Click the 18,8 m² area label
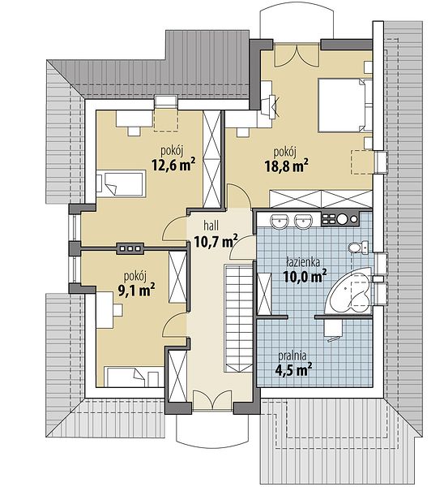click(x=286, y=166)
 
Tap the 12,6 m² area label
click(x=173, y=165)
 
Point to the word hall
click(x=211, y=226)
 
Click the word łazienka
click(x=303, y=262)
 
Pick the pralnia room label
click(x=292, y=355)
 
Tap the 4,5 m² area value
click(x=293, y=369)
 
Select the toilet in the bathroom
click(x=357, y=248)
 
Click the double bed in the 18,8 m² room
click(x=345, y=106)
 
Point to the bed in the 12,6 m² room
click(x=121, y=183)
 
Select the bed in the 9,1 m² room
click(x=134, y=377)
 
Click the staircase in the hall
click(x=239, y=318)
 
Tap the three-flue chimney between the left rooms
click(x=130, y=248)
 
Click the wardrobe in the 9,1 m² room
click(x=177, y=277)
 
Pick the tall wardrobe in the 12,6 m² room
click(x=211, y=159)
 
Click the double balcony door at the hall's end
click(x=212, y=401)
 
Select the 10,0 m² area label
click(x=305, y=276)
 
